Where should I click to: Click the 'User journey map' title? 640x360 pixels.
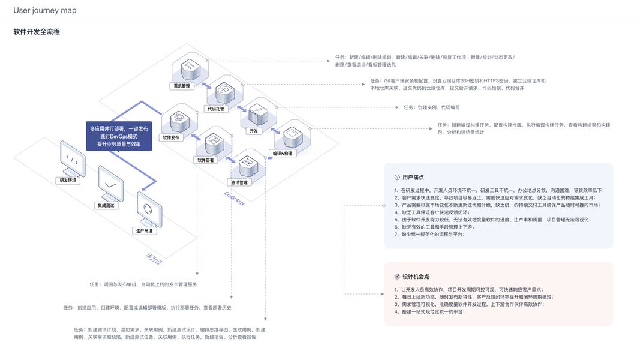point(45,10)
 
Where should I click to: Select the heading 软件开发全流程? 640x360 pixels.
point(37,31)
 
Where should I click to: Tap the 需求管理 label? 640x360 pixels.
point(181,86)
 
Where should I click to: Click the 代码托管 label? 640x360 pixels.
point(215,109)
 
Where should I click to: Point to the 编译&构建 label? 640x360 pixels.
point(283,154)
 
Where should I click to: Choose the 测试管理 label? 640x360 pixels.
point(239,182)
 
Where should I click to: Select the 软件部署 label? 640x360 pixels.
point(206,160)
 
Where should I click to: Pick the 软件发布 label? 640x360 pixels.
point(171,137)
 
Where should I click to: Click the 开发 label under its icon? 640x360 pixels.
point(253,131)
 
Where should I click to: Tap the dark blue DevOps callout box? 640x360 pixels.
point(119,136)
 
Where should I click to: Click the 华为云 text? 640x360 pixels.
point(153,259)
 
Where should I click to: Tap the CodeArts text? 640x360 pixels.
point(234,199)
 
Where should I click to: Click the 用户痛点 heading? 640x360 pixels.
point(413,178)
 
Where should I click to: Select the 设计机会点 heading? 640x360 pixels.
point(416,277)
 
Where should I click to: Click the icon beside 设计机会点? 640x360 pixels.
point(397,277)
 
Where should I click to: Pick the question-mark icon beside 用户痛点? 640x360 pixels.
point(397,178)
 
